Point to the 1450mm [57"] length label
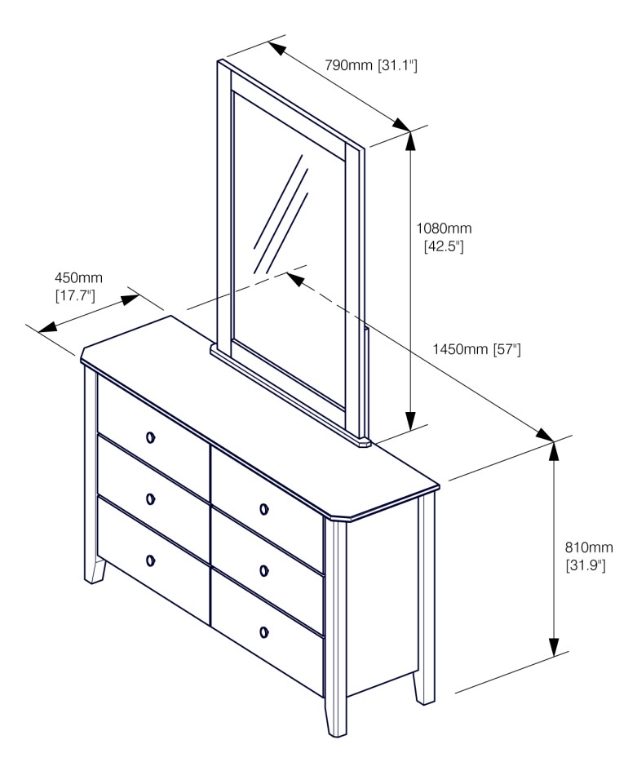pos(476,349)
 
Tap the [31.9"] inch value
pos(586,565)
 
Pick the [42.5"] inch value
pos(444,246)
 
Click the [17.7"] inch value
pos(75,295)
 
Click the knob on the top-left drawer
pos(151,437)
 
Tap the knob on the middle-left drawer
pos(151,498)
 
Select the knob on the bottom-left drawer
pos(151,560)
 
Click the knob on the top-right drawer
pos(263,509)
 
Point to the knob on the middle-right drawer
pos(263,570)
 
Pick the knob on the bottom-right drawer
pos(263,632)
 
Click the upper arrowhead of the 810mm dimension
pos(554,451)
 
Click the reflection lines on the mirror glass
pos(281,215)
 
